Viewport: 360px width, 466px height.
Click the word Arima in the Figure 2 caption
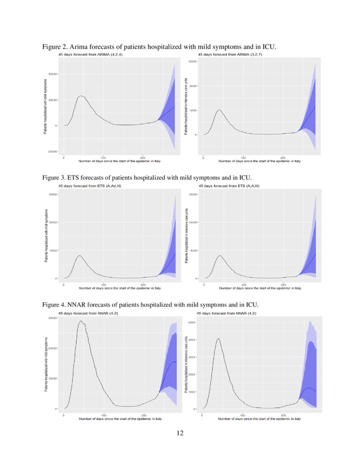tap(80, 46)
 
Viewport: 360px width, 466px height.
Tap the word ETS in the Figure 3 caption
tap(78, 177)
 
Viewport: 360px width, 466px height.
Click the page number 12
tap(180, 433)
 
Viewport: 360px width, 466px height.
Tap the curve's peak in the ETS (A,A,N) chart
tap(219, 255)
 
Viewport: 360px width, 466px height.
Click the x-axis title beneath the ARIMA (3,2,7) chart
tap(260, 161)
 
